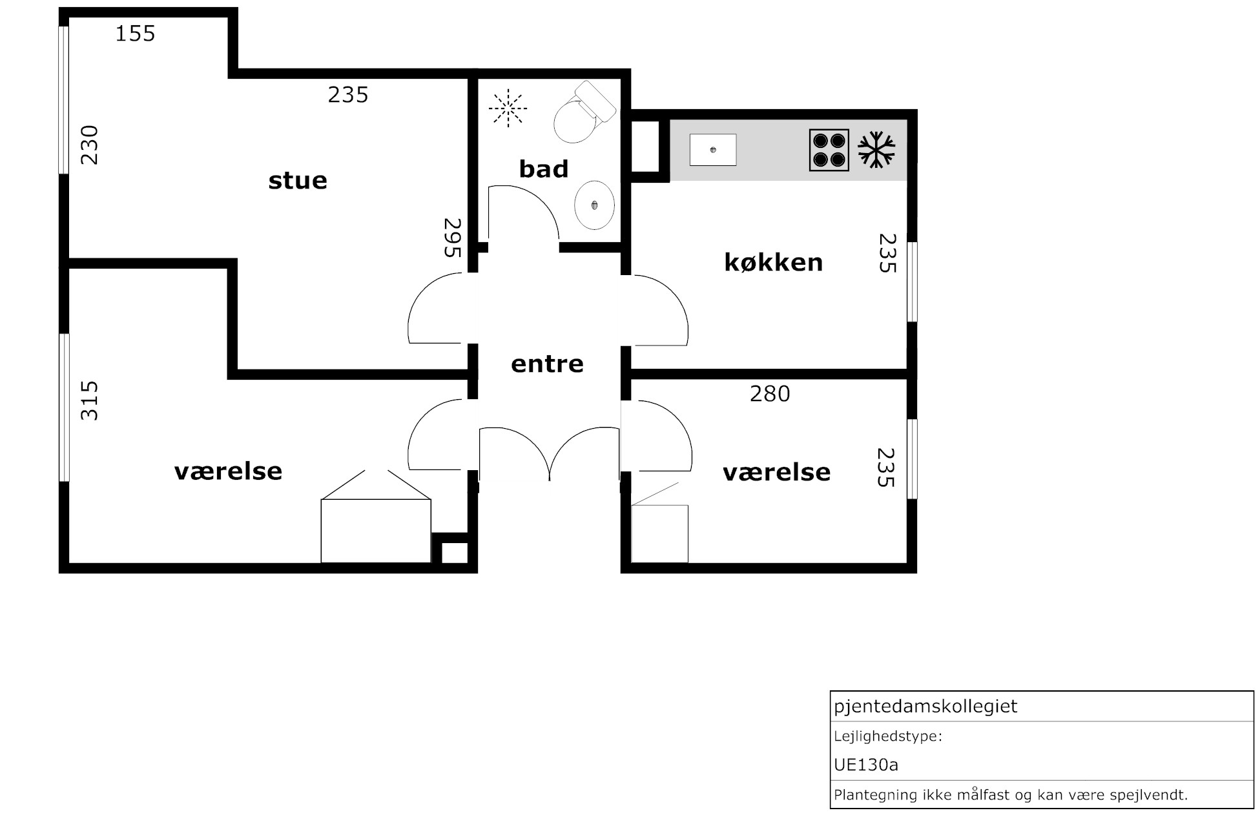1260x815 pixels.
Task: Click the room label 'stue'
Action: (298, 180)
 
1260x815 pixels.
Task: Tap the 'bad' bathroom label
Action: (544, 169)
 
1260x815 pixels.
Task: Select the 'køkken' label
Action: (774, 262)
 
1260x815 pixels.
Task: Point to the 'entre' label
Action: (547, 364)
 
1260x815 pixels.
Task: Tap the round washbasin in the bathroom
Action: (594, 205)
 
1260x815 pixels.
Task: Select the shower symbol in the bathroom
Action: (508, 107)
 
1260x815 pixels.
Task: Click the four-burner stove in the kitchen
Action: (829, 150)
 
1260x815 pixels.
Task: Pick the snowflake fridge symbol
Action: (876, 150)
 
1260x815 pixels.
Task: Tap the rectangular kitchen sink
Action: (713, 150)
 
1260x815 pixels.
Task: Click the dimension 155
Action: (136, 34)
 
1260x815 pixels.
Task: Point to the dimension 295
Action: (453, 238)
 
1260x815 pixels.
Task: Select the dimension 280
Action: (770, 393)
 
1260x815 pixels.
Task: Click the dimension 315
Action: (89, 401)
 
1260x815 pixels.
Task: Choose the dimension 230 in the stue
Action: (89, 145)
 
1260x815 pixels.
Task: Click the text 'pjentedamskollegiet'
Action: (925, 707)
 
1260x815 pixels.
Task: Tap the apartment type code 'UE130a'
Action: (866, 765)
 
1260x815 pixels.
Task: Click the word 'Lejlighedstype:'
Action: (888, 736)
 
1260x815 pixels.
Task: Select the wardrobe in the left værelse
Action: (376, 517)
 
